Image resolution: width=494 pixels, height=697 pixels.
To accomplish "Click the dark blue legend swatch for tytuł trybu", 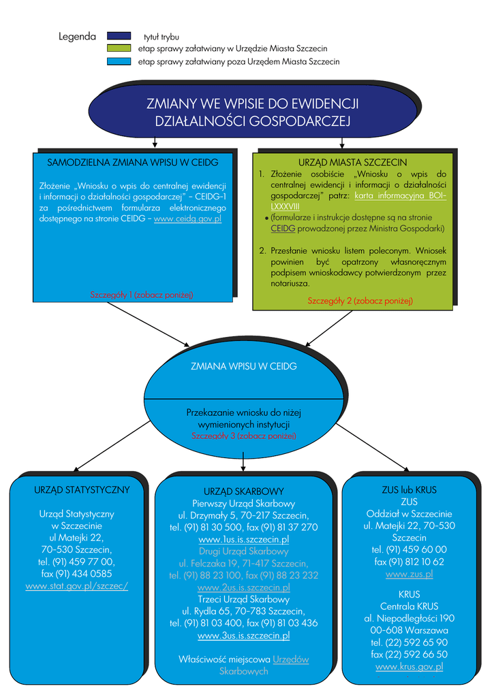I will coord(119,36).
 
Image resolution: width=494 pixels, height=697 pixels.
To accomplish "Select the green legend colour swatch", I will coord(119,48).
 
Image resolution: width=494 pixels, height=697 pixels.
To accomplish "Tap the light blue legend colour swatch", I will coord(119,61).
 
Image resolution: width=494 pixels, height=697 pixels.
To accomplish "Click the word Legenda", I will coord(77,37).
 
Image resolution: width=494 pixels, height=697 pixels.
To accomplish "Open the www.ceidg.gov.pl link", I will coord(187,219).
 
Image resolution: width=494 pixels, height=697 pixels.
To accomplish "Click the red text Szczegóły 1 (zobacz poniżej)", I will coord(142,295).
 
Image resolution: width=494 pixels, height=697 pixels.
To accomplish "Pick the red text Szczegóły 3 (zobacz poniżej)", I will coord(244,436).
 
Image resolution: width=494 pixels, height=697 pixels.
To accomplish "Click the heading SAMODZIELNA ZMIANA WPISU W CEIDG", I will coord(132,163).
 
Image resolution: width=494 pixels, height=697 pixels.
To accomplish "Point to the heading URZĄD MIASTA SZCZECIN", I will coord(353,163).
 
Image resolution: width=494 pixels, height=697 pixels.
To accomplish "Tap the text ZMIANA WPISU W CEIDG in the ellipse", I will coord(244,366).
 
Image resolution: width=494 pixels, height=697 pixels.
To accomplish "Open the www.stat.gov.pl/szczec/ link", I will coord(77,586).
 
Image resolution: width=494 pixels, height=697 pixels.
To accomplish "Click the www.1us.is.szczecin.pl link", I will coord(243,539).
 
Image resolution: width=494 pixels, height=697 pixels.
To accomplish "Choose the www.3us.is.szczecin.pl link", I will coord(243,636).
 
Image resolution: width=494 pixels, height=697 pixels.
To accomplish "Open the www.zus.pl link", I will coord(409,574).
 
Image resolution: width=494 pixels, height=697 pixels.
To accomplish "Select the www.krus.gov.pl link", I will coord(409,666).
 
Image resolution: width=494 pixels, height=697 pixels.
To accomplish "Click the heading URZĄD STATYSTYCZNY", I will coord(82,489).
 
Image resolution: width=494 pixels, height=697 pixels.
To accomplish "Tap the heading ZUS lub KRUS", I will coord(409,489).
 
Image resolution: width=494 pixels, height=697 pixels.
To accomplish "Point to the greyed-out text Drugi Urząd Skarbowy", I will coord(243,551).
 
